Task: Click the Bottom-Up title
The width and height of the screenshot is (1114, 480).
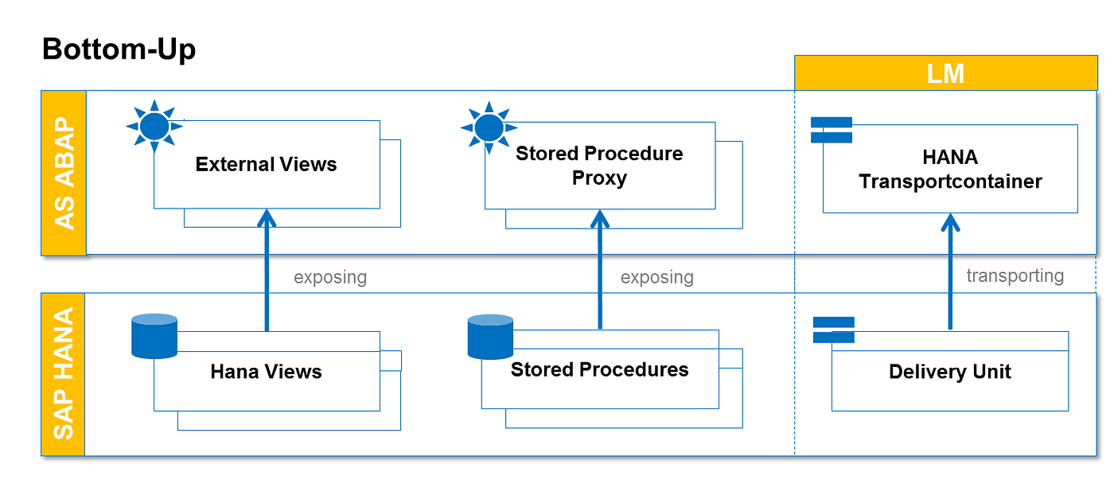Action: coord(119,49)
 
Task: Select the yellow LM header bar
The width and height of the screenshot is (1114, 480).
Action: coord(945,73)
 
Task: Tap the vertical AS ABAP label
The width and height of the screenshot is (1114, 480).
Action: coord(64,173)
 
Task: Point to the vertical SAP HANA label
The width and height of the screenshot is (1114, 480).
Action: coord(64,373)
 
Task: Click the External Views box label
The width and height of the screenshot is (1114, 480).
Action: coord(266,164)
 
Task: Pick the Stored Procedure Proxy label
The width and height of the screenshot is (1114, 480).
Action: coord(599,165)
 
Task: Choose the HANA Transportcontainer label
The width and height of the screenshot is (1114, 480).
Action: coord(950,169)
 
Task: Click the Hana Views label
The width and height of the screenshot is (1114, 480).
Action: coord(266,372)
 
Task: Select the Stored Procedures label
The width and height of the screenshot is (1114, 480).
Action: coord(600,369)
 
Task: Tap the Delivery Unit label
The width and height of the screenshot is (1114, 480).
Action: coord(950,372)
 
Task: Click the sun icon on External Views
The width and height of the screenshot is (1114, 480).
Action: coord(154,126)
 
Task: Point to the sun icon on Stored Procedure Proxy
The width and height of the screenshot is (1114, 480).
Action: coord(489,127)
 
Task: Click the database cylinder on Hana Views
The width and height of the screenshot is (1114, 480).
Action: coord(154,336)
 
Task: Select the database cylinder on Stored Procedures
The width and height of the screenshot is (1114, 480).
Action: coord(490,337)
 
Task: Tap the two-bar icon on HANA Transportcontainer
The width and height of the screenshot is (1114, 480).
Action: coord(832,130)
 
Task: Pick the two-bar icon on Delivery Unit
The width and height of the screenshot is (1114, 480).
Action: coord(834,330)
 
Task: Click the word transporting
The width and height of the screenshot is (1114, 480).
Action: coord(1015,275)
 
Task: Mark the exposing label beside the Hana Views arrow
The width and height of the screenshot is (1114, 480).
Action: coord(330,277)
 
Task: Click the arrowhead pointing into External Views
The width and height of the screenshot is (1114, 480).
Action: coord(267,217)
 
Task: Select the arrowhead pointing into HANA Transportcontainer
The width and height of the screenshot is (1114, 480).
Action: coord(950,222)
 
